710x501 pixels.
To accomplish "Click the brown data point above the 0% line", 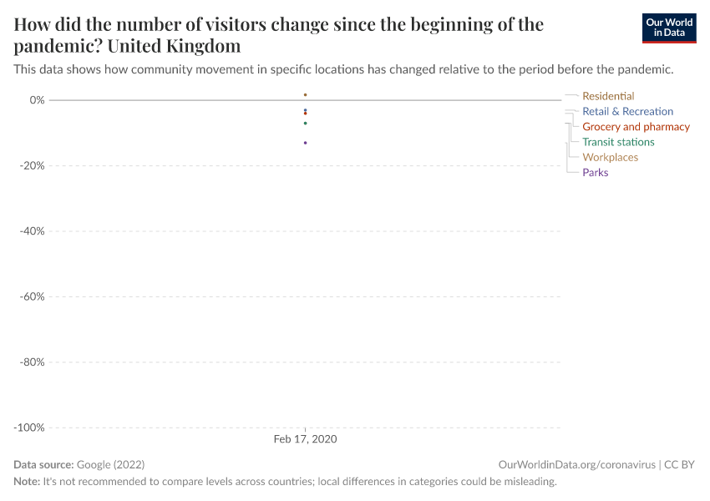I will (x=306, y=95).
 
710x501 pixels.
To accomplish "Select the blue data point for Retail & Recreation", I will (x=306, y=110).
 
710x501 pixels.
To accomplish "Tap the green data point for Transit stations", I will (x=306, y=124).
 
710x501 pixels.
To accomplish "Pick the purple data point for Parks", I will (x=306, y=143).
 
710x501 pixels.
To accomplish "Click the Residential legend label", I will (x=608, y=96).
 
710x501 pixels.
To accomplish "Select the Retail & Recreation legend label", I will (x=627, y=111).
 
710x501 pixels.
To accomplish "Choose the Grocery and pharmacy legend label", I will (x=636, y=127).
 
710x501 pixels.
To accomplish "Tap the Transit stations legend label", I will (x=618, y=142).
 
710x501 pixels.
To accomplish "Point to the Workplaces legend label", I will (x=610, y=157).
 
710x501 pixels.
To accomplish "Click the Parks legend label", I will (x=595, y=173).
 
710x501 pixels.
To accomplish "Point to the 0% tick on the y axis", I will (x=36, y=100).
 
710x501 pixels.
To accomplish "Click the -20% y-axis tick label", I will (x=31, y=165).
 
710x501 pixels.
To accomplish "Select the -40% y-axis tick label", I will (x=31, y=231).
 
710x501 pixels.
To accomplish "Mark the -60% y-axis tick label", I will (x=31, y=296).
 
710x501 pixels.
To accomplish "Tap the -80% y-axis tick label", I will (x=31, y=362).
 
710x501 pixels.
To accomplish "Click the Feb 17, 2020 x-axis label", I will (x=306, y=439).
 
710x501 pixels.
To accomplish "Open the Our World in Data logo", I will (x=668, y=28).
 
